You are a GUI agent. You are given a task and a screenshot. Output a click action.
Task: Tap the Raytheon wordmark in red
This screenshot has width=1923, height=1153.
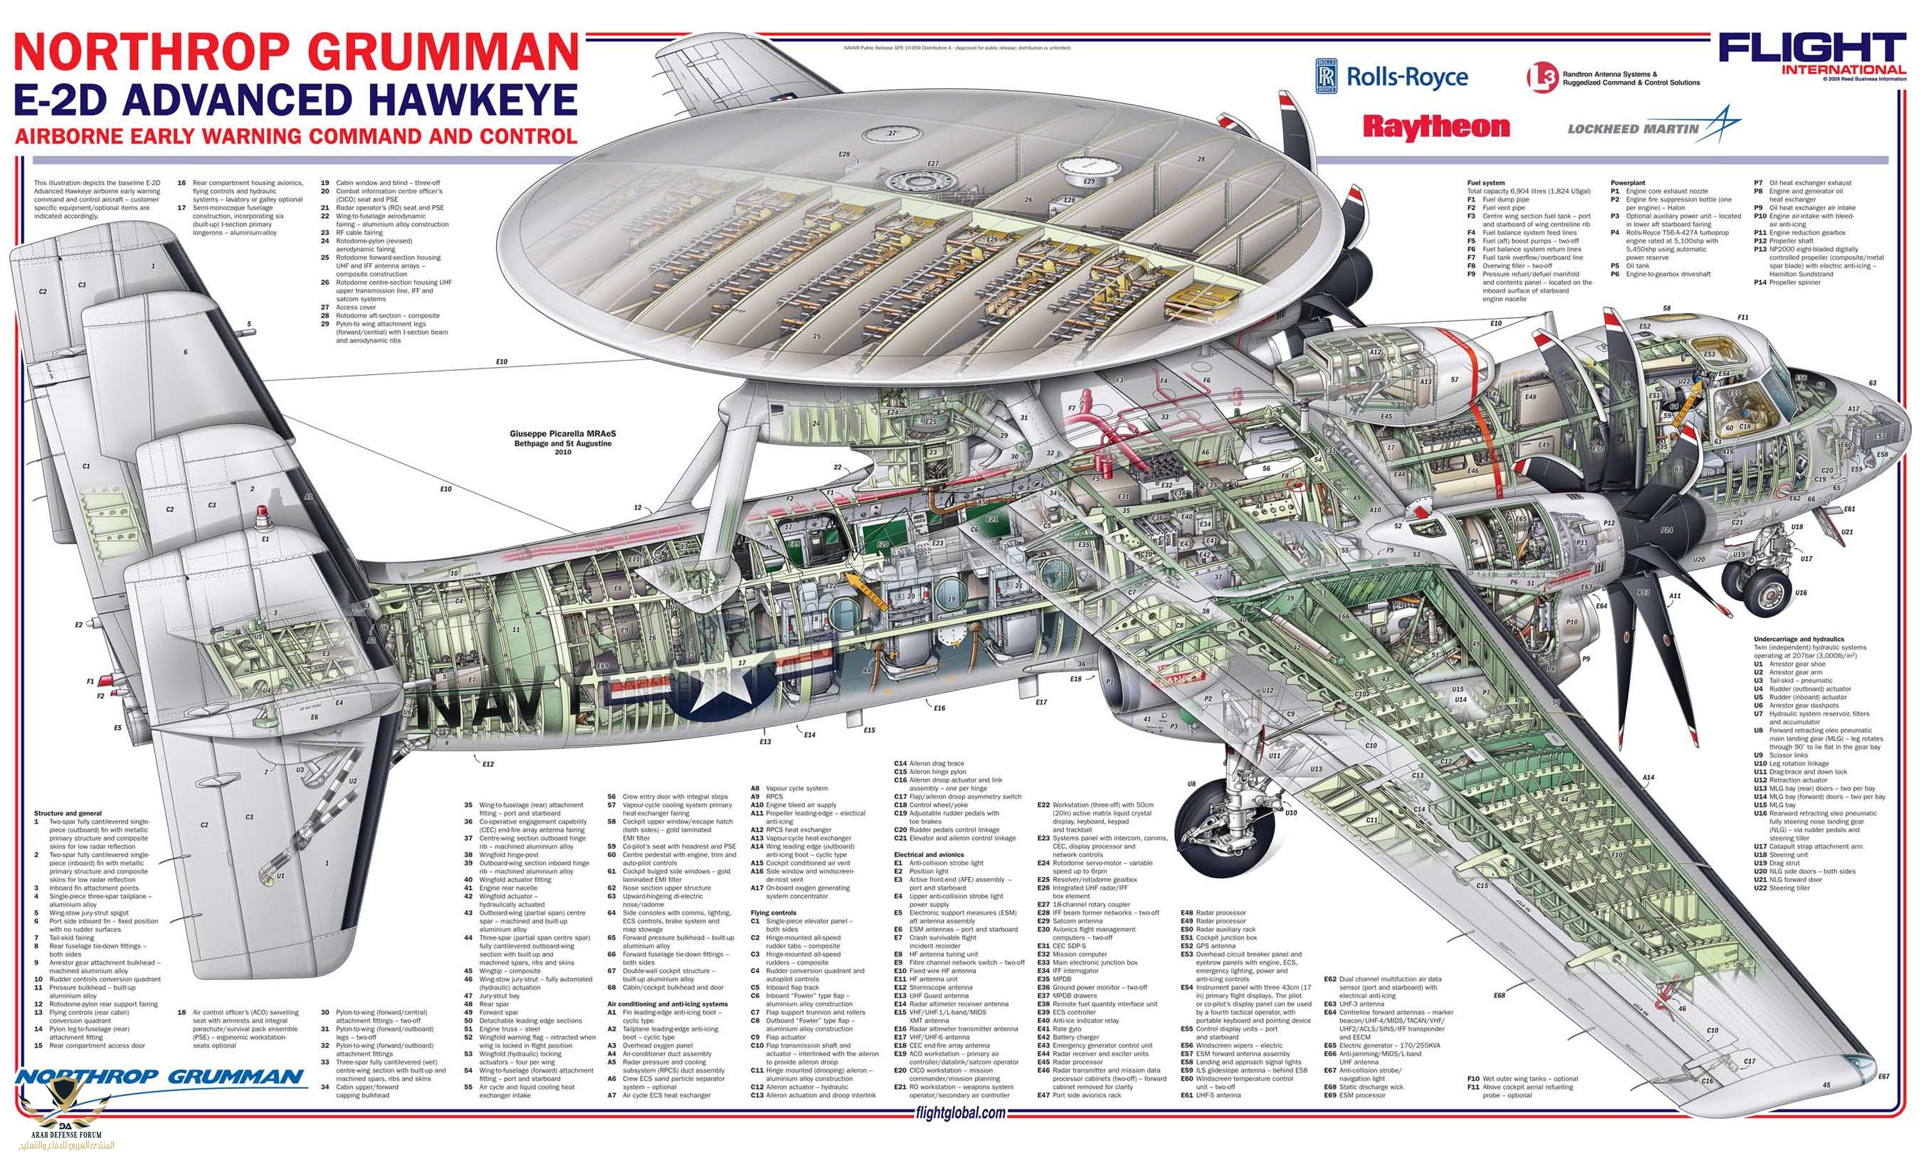click(1435, 127)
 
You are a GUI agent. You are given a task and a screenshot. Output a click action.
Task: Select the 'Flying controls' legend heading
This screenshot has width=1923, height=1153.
click(774, 912)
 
